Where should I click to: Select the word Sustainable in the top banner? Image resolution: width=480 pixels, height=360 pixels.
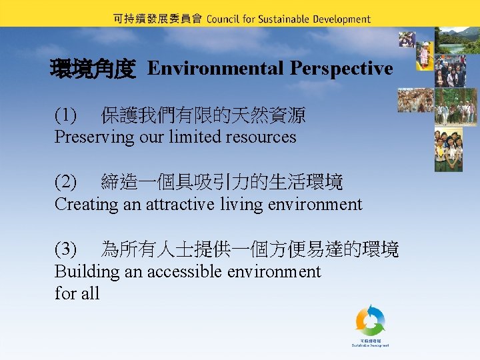pos(283,19)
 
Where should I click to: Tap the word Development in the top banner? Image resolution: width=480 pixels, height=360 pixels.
pos(341,19)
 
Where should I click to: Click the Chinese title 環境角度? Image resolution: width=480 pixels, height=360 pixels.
pos(93,69)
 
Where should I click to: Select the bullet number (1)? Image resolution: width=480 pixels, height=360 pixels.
pos(66,116)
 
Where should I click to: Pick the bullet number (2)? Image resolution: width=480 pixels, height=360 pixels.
pos(66,181)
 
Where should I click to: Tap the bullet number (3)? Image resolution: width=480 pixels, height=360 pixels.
pos(66,250)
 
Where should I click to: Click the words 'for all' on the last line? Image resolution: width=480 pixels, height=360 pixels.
pos(77,293)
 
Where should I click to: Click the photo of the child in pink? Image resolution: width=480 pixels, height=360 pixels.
pos(424,56)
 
